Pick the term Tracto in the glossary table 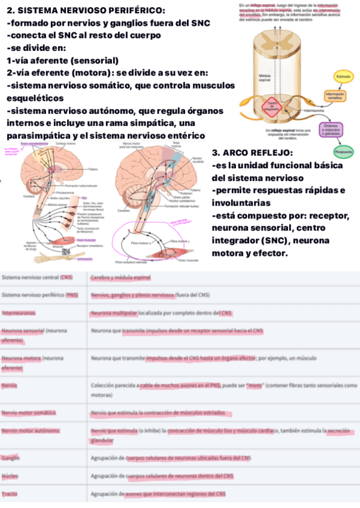coord(9,494)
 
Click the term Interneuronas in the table coord(19,312)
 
